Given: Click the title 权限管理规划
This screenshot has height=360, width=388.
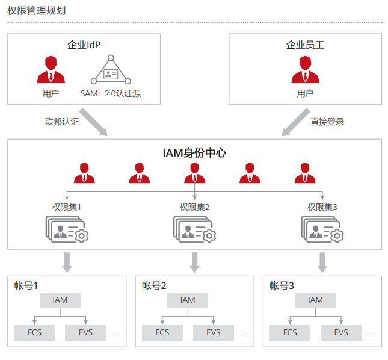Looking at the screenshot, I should [37, 11].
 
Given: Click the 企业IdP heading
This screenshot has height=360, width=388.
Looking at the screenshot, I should [84, 45].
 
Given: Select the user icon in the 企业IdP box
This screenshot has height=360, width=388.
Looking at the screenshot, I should [51, 70].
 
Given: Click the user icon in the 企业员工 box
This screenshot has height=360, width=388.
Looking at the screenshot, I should [305, 70].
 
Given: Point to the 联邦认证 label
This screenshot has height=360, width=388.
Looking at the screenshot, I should [62, 121].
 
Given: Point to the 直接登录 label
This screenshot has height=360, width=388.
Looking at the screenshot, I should [327, 121].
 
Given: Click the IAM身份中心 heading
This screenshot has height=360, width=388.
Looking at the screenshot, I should [194, 153].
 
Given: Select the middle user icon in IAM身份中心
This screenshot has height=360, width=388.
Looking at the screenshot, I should [195, 173].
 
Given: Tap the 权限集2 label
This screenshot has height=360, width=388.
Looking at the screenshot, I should [194, 207].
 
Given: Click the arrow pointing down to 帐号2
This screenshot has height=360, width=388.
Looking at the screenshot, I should [195, 261].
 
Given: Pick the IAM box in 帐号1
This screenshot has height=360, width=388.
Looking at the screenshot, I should [60, 300].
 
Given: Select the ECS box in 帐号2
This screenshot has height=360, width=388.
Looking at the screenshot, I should [162, 332].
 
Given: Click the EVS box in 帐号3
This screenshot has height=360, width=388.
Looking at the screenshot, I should [341, 332].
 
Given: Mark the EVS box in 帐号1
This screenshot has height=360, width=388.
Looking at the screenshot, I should [85, 332].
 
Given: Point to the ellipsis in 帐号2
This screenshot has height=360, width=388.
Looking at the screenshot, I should [244, 333].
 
